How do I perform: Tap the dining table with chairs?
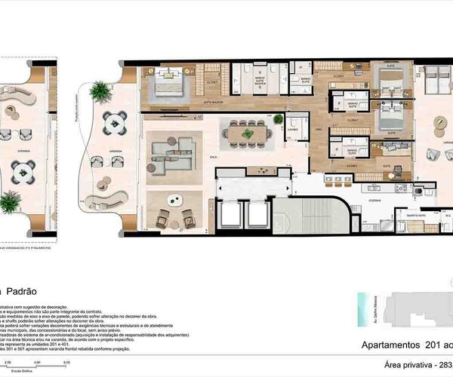click(x=247, y=133)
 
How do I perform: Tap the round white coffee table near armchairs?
click(x=174, y=200)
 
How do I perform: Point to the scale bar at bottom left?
click(x=34, y=365)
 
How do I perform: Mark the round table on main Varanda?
click(x=115, y=121)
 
